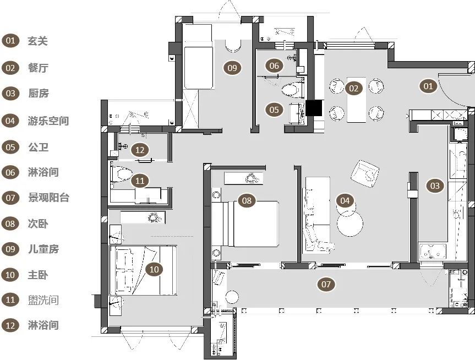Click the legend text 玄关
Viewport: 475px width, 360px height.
pyautogui.click(x=37, y=41)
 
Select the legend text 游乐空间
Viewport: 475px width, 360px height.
pyautogui.click(x=48, y=121)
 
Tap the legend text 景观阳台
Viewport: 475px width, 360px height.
pyautogui.click(x=48, y=198)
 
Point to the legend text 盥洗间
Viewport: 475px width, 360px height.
pyautogui.click(x=43, y=301)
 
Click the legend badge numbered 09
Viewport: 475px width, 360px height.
pyautogui.click(x=10, y=249)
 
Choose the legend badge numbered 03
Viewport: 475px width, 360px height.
pyautogui.click(x=10, y=94)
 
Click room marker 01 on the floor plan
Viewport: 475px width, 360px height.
pyautogui.click(x=428, y=86)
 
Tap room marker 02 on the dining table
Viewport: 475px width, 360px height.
pyautogui.click(x=354, y=89)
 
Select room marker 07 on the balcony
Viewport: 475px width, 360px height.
pyautogui.click(x=326, y=284)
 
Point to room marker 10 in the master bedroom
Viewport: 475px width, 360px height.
pyautogui.click(x=154, y=269)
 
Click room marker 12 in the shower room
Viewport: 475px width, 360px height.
pyautogui.click(x=140, y=150)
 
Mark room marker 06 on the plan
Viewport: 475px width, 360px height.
pyautogui.click(x=274, y=66)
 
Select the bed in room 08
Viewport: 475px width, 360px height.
pyautogui.click(x=245, y=224)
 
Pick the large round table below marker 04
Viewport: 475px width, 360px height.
pyautogui.click(x=350, y=223)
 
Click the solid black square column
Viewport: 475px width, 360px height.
pyautogui.click(x=314, y=108)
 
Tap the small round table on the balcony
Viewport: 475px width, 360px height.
pyautogui.click(x=232, y=297)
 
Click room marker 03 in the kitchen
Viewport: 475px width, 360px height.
pyautogui.click(x=435, y=186)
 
